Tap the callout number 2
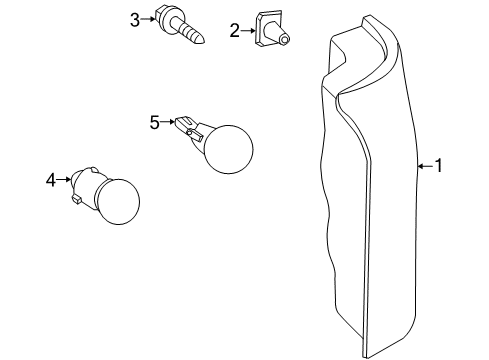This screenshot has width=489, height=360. point(234,31)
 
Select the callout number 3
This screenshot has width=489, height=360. point(135,19)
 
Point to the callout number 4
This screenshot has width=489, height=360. point(50,180)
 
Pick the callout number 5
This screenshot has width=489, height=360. point(155,123)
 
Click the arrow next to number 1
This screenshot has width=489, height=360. point(423,167)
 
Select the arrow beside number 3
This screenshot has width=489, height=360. point(148,19)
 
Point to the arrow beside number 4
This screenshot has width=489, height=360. point(63,180)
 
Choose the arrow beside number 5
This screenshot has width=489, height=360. point(168,123)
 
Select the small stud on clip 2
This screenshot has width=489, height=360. point(286,40)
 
